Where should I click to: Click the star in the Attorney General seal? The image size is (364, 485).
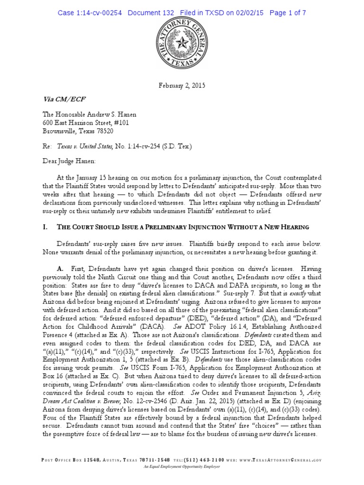[182, 46]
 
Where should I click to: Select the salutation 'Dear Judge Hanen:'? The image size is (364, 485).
[69, 161]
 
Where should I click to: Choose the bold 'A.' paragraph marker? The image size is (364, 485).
[61, 268]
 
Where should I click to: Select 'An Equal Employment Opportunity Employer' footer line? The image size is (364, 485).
[182, 467]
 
